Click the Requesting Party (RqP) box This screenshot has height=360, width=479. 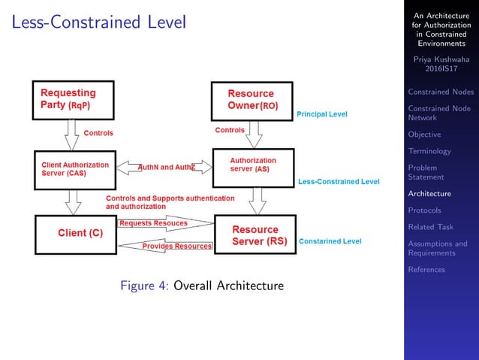[73, 99]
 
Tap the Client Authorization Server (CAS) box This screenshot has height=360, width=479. [74, 169]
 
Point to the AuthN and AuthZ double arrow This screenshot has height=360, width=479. [166, 167]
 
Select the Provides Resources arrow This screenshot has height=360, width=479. [165, 245]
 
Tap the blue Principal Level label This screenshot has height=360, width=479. [322, 114]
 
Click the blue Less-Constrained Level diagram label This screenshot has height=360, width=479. [339, 182]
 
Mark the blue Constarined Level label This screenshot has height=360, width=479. [330, 241]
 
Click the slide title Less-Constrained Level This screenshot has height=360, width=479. [99, 23]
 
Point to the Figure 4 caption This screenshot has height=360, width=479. [202, 286]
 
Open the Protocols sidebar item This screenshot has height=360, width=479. [424, 210]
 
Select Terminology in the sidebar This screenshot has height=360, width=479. [429, 151]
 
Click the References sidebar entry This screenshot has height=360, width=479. [426, 270]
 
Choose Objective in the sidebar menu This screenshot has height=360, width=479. [424, 135]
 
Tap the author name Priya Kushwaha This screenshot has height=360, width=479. [440, 59]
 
